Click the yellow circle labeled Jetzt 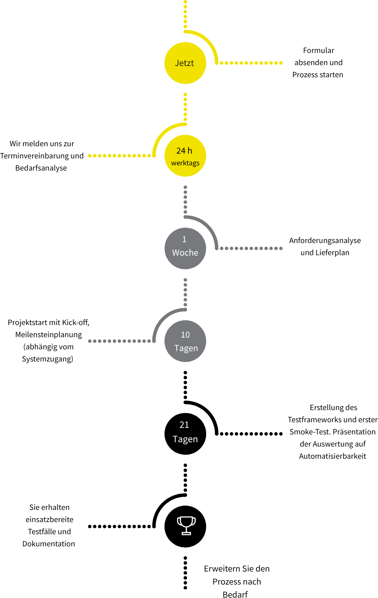point(185,63)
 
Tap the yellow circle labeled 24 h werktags point(185,156)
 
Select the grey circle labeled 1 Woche point(185,248)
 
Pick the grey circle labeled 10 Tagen point(185,341)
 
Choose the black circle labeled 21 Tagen point(185,434)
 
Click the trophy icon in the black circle point(186,526)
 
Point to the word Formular point(319,50)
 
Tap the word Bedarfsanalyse point(41,168)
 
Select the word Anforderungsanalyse point(325,240)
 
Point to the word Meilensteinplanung point(49,335)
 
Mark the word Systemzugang point(48,359)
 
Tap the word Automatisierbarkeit point(333,456)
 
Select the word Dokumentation point(49,544)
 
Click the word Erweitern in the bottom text point(222,568)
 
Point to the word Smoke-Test point(308,432)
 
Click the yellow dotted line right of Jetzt point(251,63)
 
